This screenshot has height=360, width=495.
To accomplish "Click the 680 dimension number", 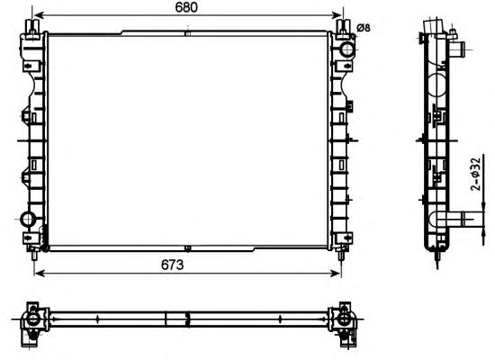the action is pyautogui.click(x=186, y=7).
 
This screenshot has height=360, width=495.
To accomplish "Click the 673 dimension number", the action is pyautogui.click(x=172, y=265).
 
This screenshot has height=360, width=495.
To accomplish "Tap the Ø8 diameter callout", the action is pyautogui.click(x=364, y=28).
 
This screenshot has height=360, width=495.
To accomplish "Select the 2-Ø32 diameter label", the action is pyautogui.click(x=476, y=175).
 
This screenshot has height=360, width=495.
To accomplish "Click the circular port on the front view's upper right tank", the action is pyautogui.click(x=347, y=49).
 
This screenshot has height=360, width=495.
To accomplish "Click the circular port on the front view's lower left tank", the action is pyautogui.click(x=28, y=220).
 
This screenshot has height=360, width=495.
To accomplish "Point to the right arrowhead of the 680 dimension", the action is pyautogui.click(x=337, y=14).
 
